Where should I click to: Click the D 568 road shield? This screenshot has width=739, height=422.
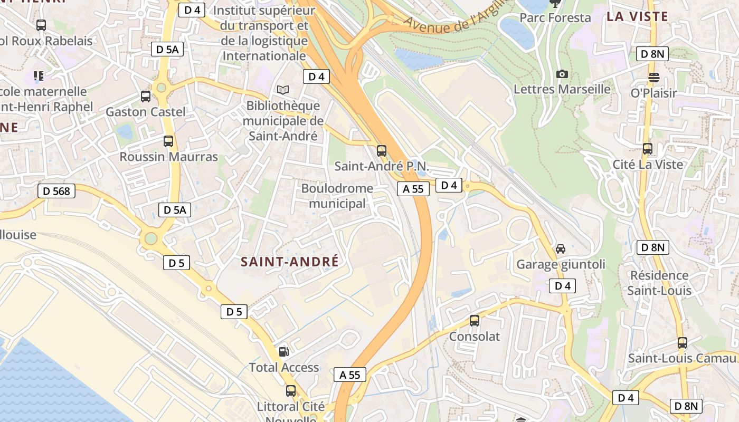point(56,191)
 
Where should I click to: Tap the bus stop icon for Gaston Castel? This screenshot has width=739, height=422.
point(146,97)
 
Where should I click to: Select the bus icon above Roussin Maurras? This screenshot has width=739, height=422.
point(168,141)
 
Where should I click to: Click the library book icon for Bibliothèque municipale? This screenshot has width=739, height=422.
point(283,90)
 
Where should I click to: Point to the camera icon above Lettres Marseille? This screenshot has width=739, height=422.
point(562,74)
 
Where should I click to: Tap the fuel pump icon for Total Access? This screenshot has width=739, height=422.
point(284,351)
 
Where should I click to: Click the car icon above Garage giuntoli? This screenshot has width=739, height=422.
point(561,248)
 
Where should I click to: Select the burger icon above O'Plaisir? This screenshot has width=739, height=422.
point(653,78)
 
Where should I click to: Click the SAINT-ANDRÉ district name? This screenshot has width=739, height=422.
point(289,262)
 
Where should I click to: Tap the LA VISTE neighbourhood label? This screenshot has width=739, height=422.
point(637,16)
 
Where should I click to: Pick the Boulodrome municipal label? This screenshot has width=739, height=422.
point(337,196)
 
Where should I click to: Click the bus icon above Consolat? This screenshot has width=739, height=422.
point(475,321)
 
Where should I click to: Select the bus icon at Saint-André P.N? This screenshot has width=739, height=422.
point(382,151)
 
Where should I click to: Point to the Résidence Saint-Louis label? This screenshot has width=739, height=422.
point(659,283)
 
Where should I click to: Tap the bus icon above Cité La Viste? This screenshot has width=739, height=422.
point(648,149)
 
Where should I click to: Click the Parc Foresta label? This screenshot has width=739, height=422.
point(555,18)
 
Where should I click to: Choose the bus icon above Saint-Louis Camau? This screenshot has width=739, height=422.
point(682,343)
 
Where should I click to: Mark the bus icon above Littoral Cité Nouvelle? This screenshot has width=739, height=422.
point(291,391)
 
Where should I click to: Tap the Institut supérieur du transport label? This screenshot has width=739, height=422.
point(264,33)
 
